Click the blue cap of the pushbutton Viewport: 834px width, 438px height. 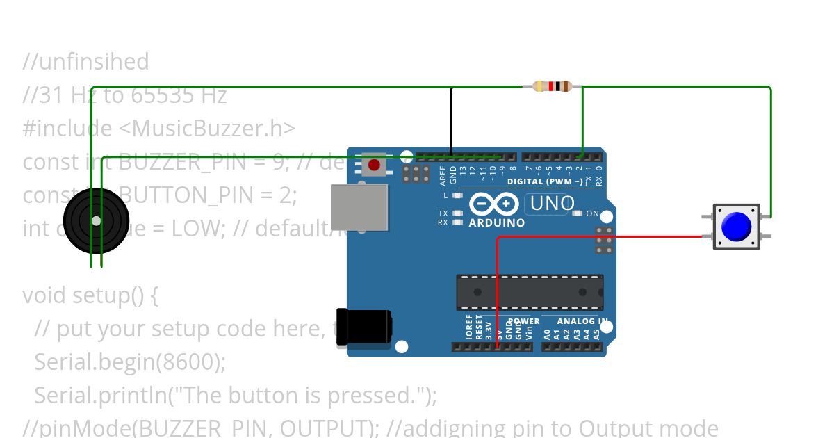point(736,227)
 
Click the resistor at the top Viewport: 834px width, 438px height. point(552,86)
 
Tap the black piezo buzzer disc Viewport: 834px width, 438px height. point(96,220)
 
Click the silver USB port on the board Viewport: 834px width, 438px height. point(359,207)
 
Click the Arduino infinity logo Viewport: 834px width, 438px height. point(493,204)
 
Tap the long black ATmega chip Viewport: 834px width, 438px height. point(529,292)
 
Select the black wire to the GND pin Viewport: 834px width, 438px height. point(451,118)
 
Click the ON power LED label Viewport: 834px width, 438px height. point(592,213)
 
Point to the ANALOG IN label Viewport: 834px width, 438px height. point(582,321)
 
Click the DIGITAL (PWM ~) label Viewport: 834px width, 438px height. point(545,181)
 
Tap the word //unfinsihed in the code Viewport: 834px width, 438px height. point(85,62)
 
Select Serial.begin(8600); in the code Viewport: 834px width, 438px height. point(130,362)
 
